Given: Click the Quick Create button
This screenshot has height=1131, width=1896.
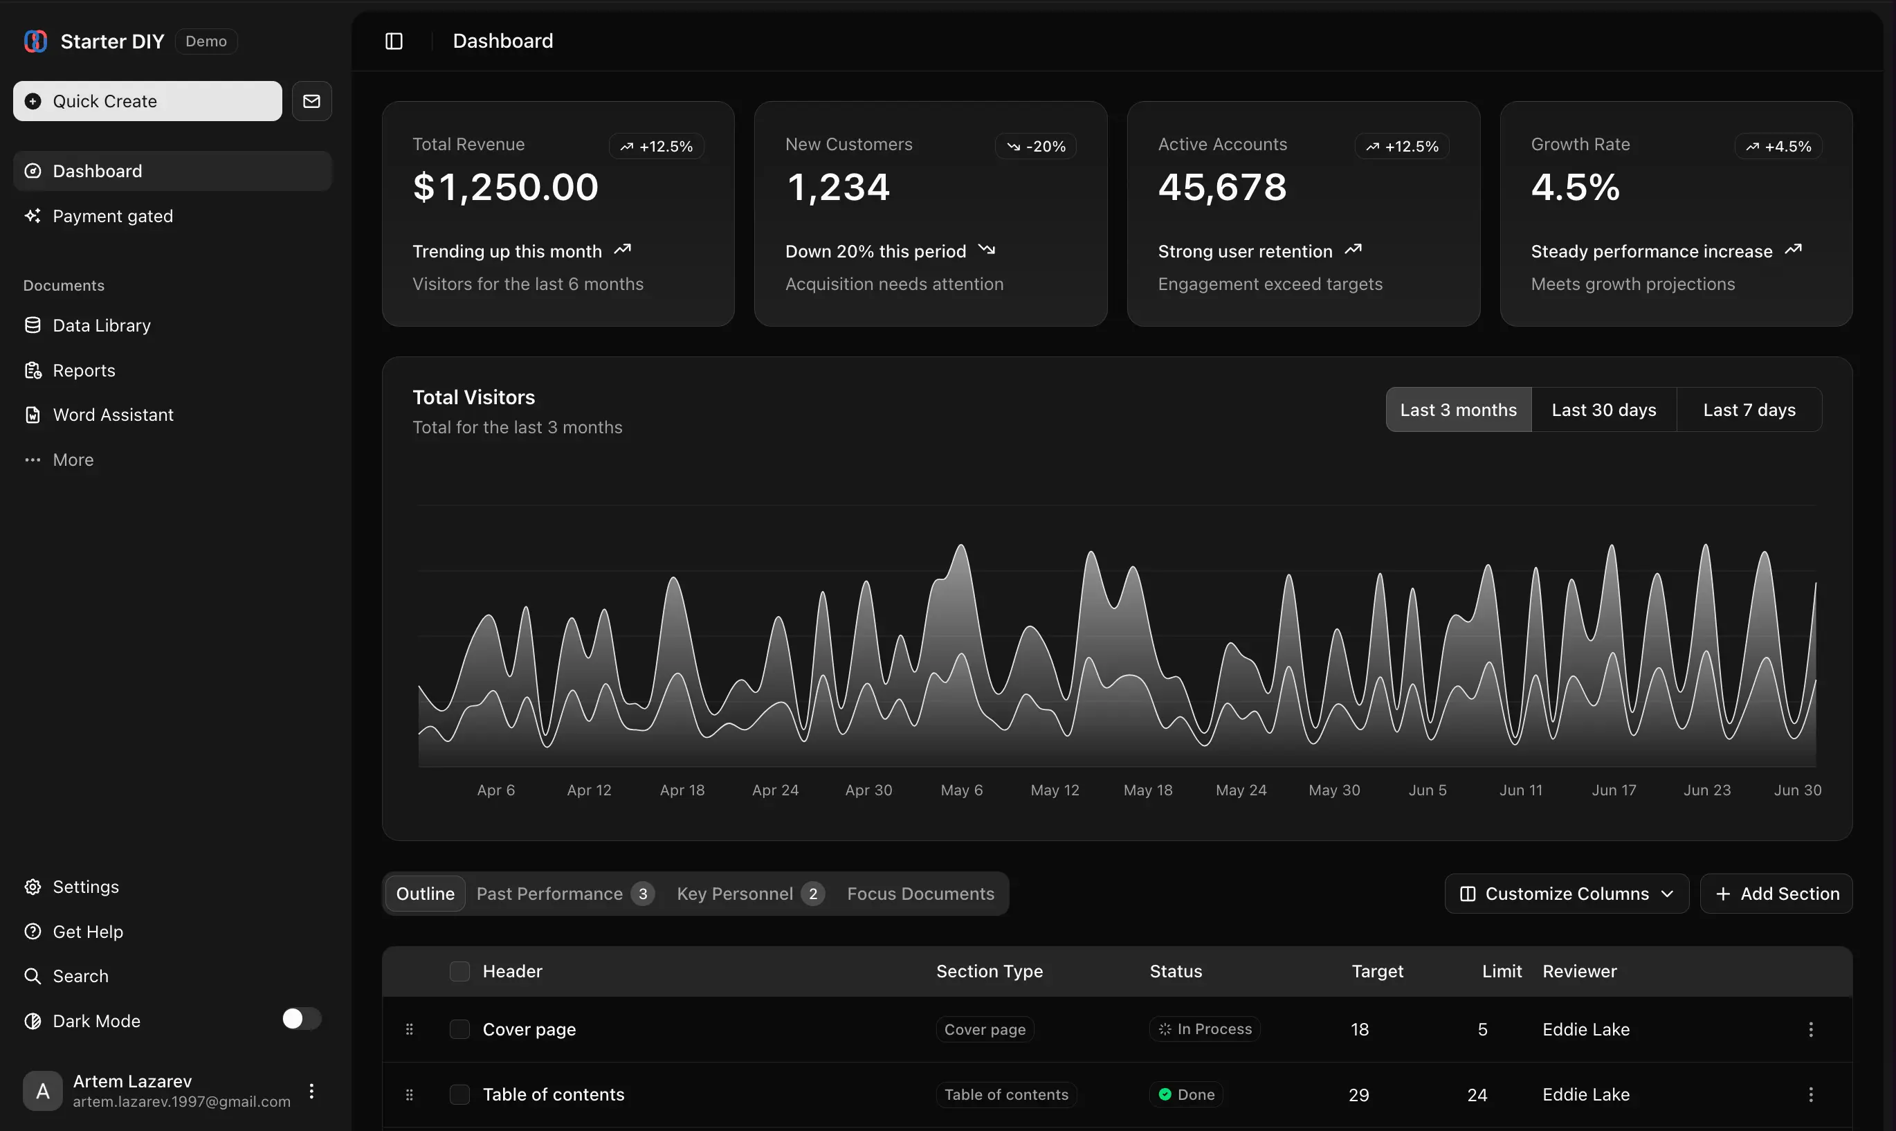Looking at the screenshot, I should pos(147,101).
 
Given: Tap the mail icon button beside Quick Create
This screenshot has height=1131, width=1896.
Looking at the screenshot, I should pos(311,101).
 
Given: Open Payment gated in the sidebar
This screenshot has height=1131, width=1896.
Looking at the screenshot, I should pos(113,217).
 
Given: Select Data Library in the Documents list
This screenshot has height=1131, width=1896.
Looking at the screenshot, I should pos(101,325).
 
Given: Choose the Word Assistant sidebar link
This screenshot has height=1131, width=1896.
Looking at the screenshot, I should pos(113,415).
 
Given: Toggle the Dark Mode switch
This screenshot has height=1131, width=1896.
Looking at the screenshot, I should pos(301,1019).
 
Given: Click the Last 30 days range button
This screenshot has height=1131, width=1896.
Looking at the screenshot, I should pos(1603,410).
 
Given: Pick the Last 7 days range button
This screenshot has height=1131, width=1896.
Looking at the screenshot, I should pos(1749,410).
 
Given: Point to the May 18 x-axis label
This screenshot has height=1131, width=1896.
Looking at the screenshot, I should pos(1148,790).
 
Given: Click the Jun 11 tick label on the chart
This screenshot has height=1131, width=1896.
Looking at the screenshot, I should pos(1520,790).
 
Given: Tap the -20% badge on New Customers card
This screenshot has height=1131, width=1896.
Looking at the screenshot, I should pos(1036,146).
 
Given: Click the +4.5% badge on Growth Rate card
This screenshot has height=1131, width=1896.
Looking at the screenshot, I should pos(1778,146).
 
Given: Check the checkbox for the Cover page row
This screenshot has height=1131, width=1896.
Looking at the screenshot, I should pos(459,1030).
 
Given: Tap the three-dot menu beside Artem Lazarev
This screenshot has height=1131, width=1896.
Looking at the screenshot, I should pos(311,1091).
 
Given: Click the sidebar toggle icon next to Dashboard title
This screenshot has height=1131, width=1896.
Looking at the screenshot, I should pos(394,41).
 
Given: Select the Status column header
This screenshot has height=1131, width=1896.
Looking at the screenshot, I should pos(1176,971).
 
